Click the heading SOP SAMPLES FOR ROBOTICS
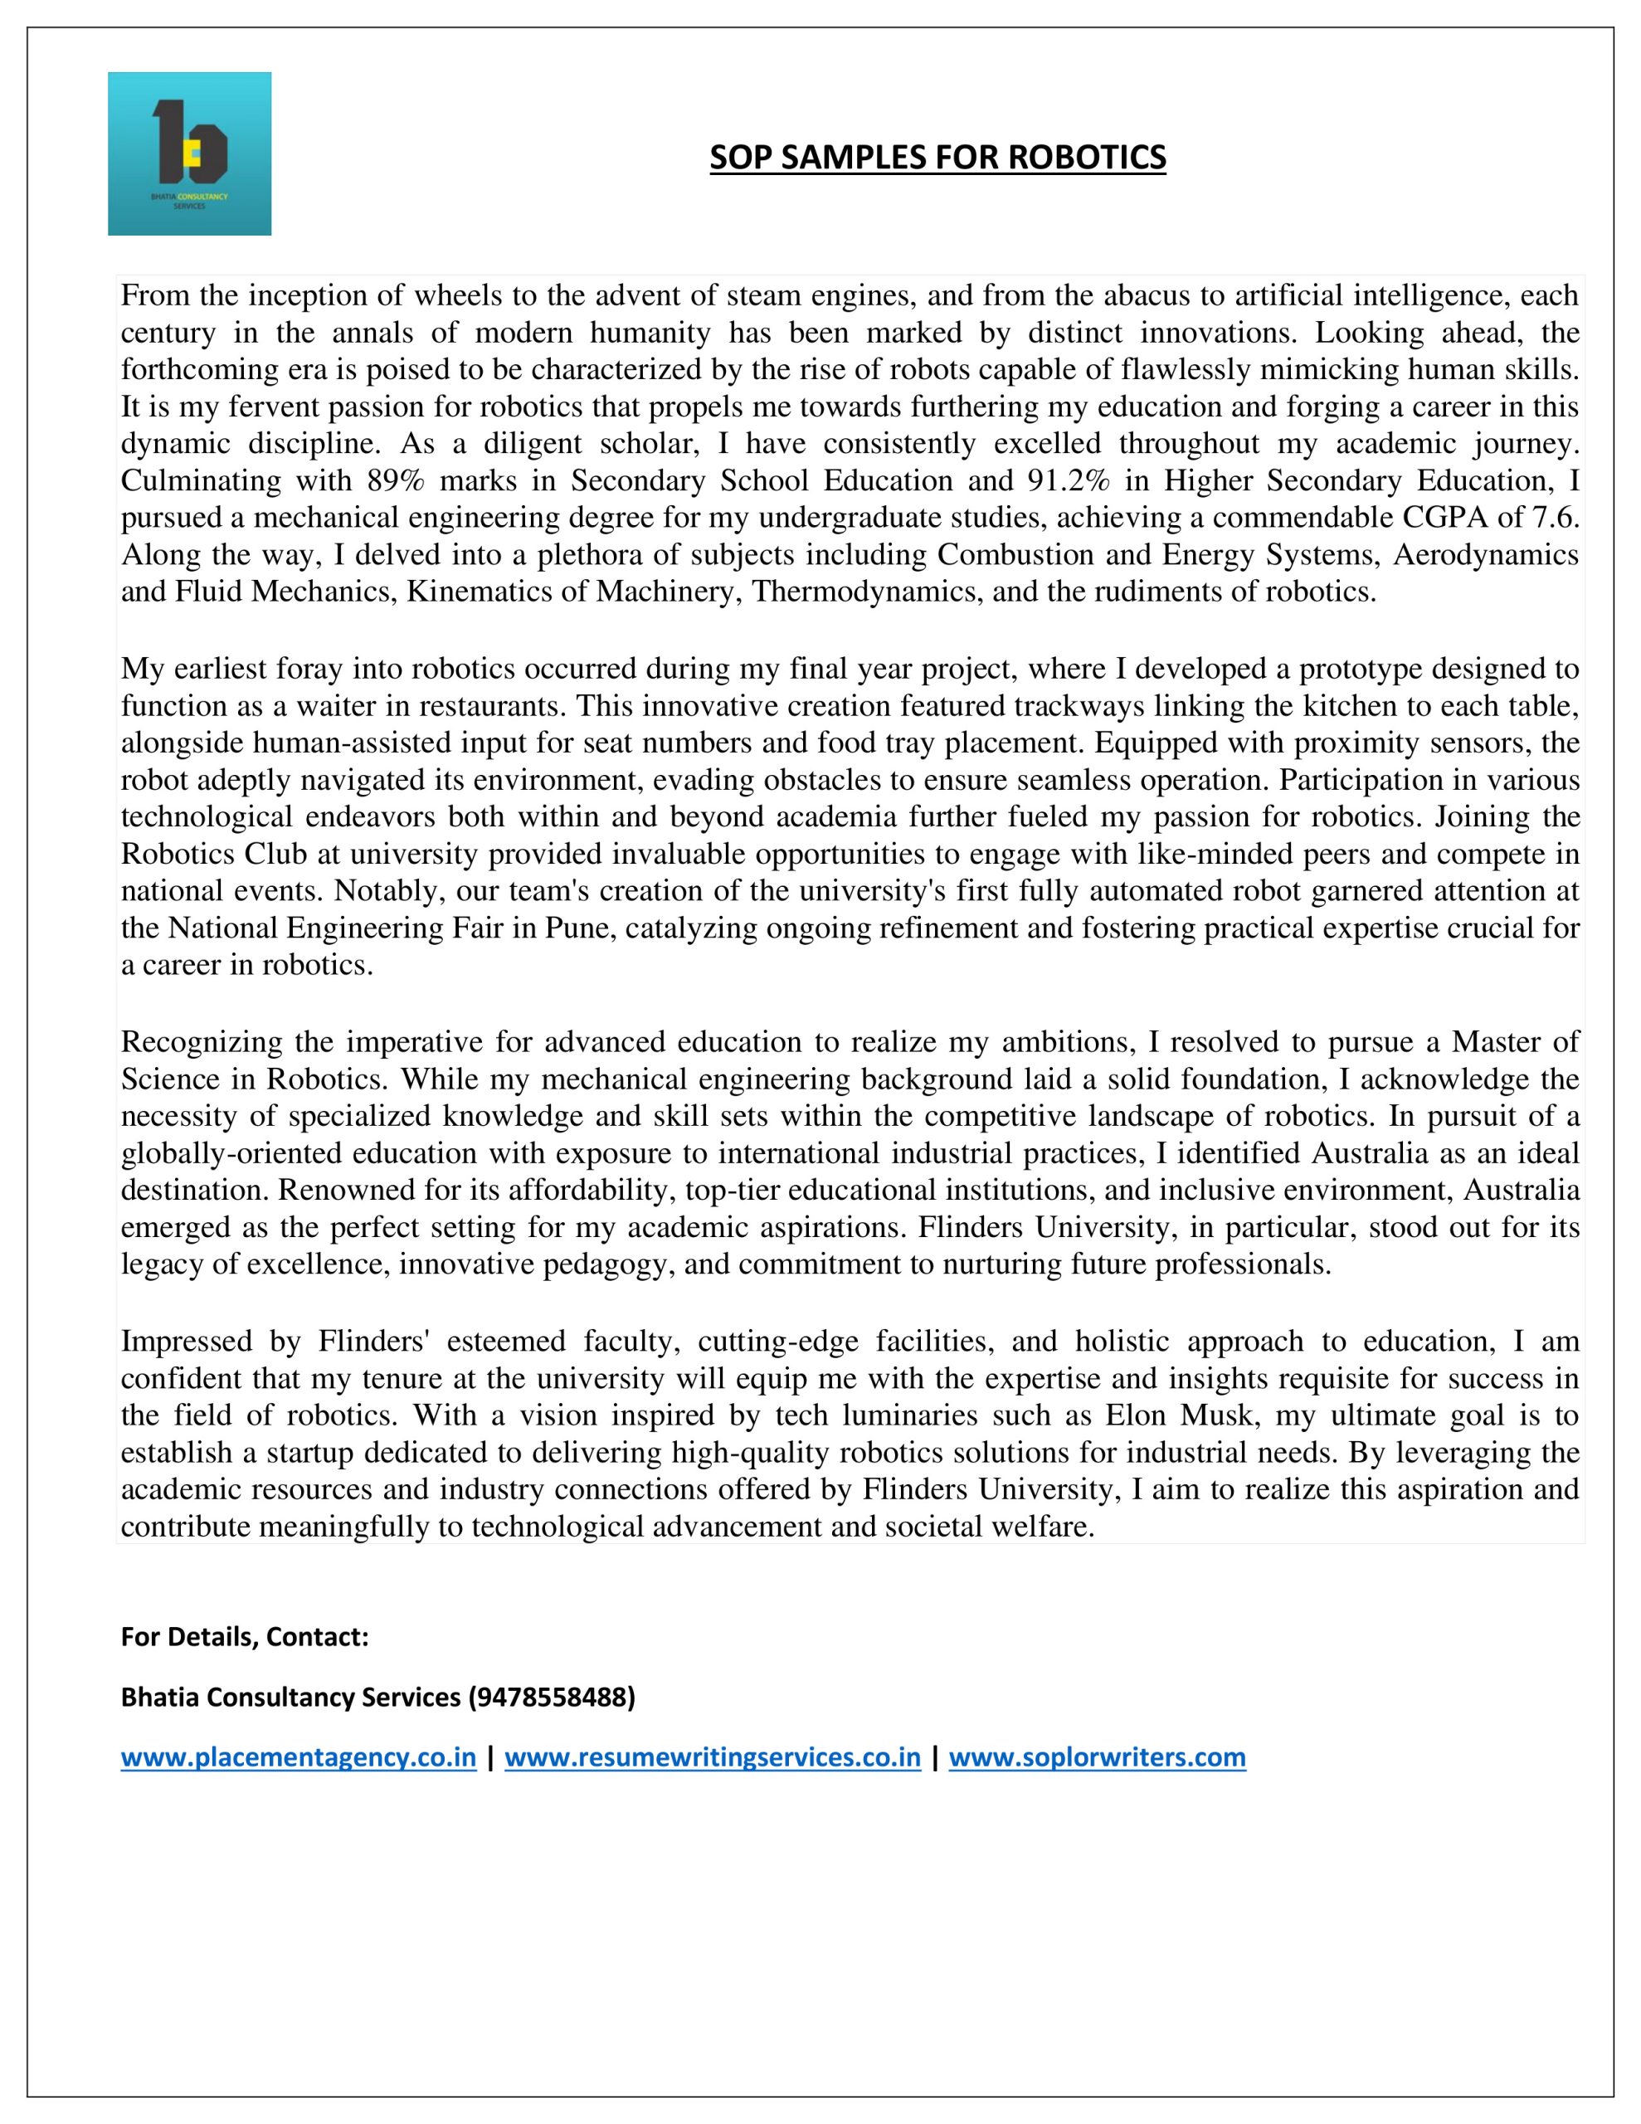[x=937, y=157]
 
